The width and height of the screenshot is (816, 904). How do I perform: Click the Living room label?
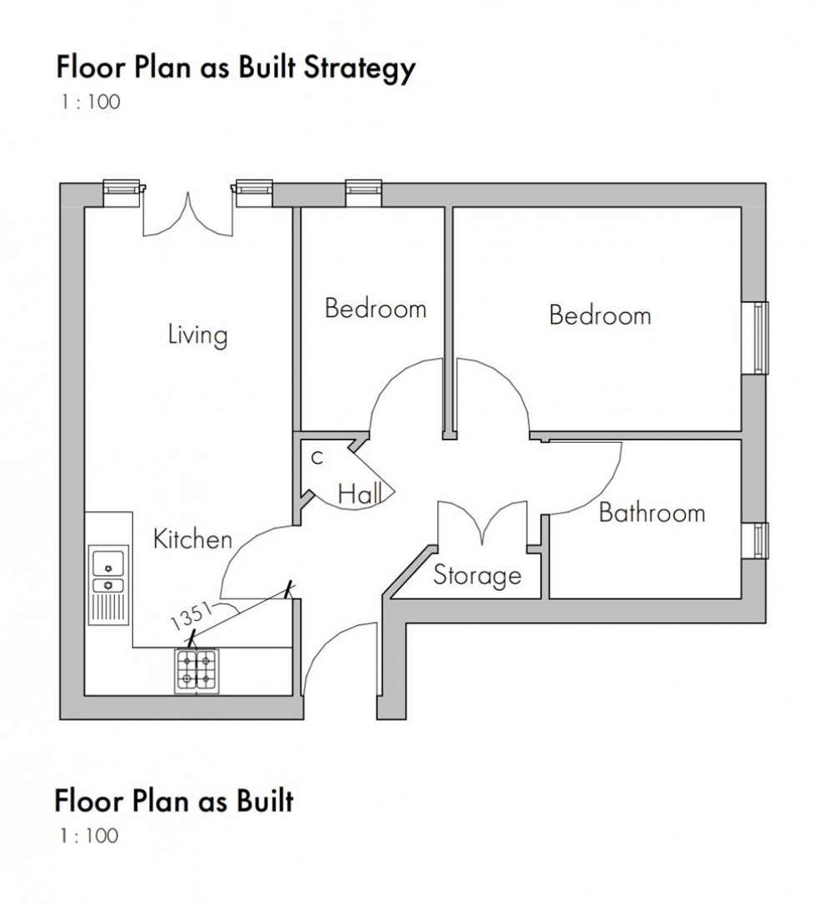197,335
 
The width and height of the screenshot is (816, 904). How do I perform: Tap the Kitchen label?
192,539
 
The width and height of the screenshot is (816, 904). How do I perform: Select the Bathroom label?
651,513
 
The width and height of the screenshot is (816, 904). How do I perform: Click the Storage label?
477,575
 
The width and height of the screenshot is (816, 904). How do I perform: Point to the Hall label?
360,494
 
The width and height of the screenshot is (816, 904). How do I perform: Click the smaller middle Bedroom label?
375,309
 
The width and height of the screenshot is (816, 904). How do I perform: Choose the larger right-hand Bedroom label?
600,315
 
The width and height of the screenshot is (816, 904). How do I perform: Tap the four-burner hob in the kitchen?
196,670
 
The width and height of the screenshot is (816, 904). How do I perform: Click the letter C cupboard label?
316,458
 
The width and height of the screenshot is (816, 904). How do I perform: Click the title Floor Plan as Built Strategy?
235,68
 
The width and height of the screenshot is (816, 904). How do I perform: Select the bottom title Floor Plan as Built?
173,801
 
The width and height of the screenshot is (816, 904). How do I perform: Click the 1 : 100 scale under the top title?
90,102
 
